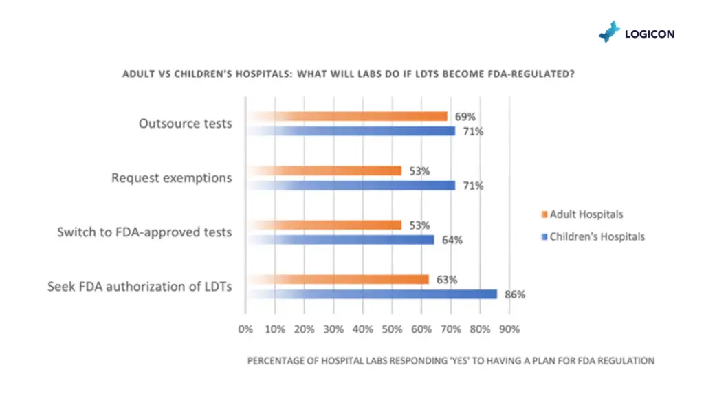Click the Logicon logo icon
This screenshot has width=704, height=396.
tap(609, 32)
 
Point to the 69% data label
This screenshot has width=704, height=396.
tap(464, 117)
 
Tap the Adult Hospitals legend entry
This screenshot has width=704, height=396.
tap(582, 214)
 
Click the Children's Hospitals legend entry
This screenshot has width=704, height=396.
tap(592, 236)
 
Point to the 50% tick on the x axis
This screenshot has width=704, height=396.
tap(392, 329)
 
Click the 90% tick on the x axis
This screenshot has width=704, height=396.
tap(509, 329)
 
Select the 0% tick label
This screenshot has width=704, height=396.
tap(245, 329)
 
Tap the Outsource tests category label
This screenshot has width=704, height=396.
tap(186, 124)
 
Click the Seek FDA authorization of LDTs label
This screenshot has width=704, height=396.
tap(140, 287)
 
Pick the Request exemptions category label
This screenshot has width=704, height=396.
tap(172, 178)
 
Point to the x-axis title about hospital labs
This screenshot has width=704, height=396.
tap(450, 360)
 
